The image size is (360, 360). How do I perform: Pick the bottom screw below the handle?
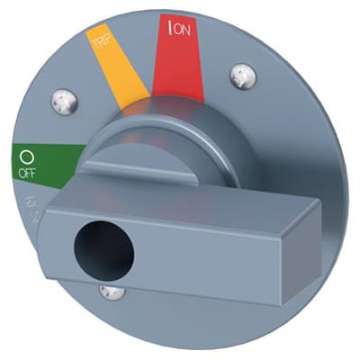click(111, 292)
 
